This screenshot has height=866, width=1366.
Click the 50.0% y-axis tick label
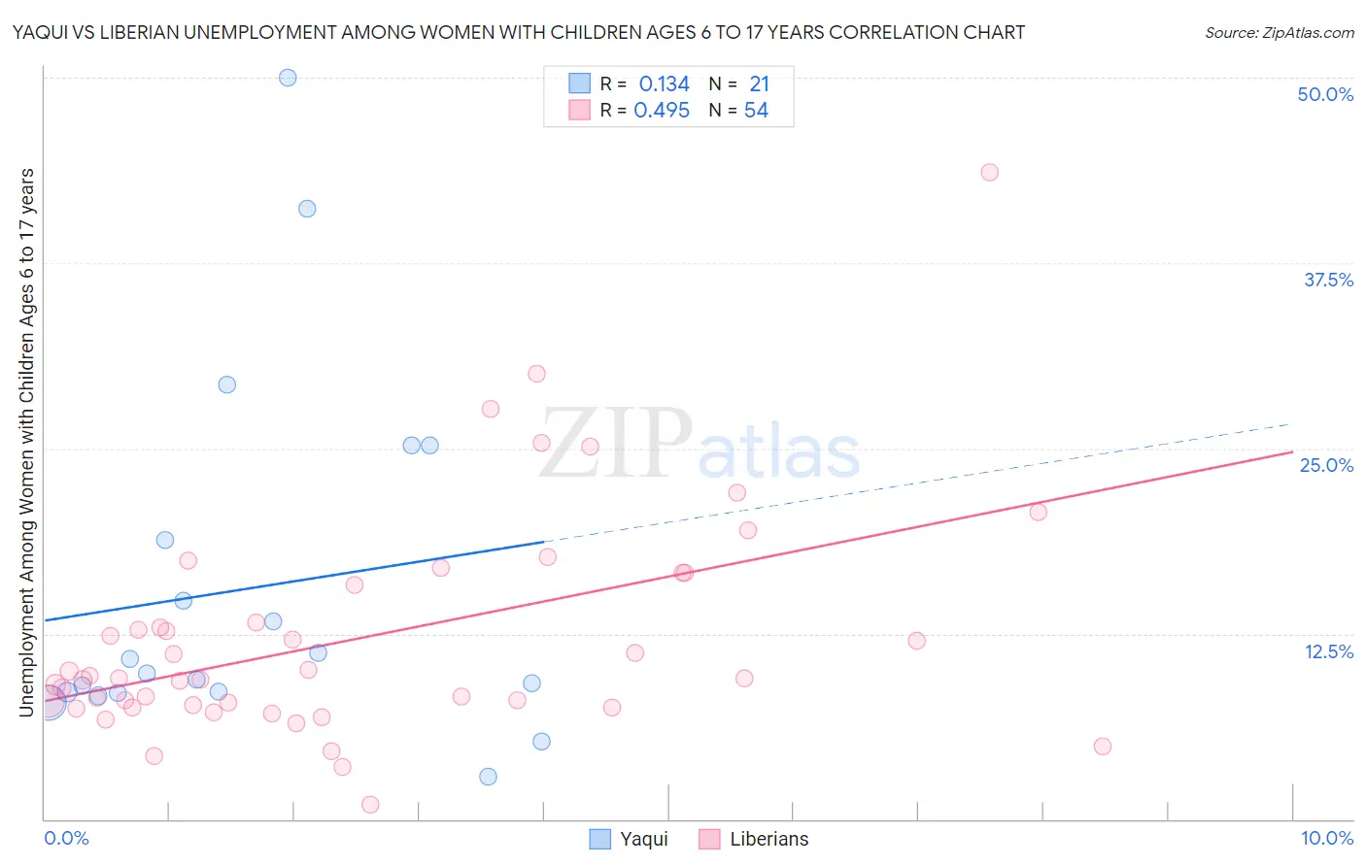click(1325, 94)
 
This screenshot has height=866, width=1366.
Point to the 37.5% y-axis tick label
click(1328, 280)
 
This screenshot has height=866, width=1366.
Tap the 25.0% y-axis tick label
click(1326, 465)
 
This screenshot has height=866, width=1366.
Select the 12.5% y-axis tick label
click(1328, 651)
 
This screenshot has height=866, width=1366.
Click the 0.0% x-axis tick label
click(66, 838)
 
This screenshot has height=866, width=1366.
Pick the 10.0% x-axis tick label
click(1326, 838)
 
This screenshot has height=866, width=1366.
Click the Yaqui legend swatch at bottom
click(600, 839)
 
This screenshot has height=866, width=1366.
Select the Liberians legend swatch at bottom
click(709, 839)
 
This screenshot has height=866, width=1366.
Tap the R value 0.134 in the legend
click(664, 84)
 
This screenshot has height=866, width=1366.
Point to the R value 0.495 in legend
click(662, 111)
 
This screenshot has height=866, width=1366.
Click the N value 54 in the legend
click(756, 111)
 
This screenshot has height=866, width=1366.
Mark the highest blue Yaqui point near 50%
click(288, 78)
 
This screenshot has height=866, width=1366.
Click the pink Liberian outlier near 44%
click(989, 172)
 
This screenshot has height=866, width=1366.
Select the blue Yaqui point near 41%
click(307, 209)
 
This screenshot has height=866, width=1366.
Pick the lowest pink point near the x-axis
click(370, 804)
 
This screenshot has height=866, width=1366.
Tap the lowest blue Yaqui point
click(488, 777)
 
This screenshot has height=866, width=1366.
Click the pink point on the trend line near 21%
click(1038, 512)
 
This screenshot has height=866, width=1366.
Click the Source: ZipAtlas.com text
click(1279, 33)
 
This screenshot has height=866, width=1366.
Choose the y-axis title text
click(26, 442)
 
